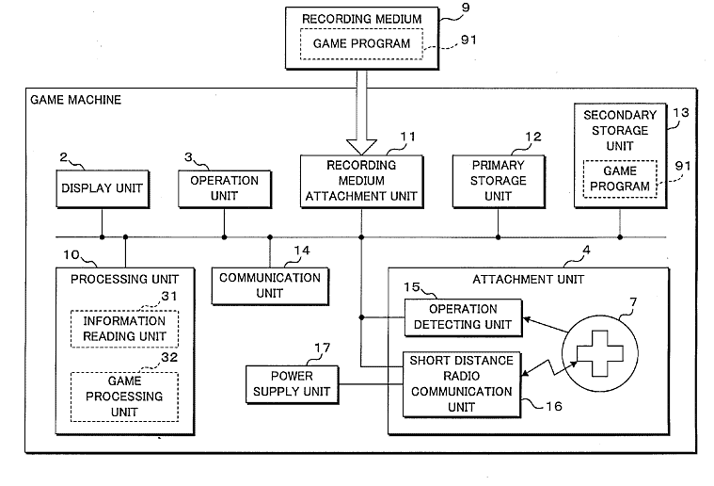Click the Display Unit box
click(103, 188)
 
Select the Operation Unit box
click(225, 188)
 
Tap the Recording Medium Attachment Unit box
click(361, 182)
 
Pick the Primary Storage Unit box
click(499, 182)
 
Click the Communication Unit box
click(270, 286)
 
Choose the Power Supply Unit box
click(292, 384)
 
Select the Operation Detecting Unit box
click(463, 317)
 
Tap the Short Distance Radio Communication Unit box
click(462, 384)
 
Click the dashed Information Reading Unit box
click(124, 329)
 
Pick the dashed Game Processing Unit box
click(124, 397)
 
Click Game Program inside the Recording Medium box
click(361, 43)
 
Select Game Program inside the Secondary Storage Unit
click(620, 179)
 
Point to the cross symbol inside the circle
click(600, 353)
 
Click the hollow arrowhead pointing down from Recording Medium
click(361, 147)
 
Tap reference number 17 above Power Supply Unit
click(323, 348)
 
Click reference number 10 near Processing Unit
click(71, 255)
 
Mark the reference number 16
click(554, 406)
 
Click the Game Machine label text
click(75, 100)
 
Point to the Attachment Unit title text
click(529, 279)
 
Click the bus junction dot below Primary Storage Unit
click(499, 237)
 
